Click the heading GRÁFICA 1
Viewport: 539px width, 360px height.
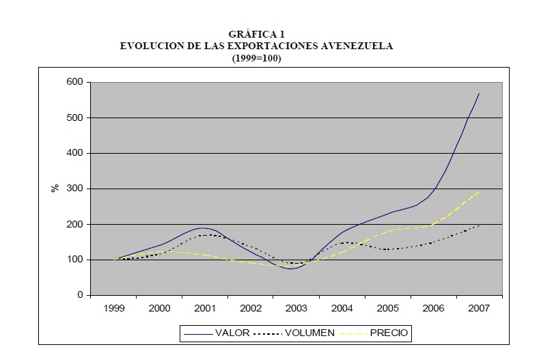tap(256, 35)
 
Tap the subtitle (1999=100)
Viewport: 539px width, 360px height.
tap(256, 58)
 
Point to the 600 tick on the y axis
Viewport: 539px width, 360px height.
tap(74, 82)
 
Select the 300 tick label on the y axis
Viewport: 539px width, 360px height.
tap(74, 189)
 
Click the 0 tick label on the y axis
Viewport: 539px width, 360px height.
tap(79, 295)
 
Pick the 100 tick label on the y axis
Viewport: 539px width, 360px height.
tap(74, 260)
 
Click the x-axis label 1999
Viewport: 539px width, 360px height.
tap(113, 309)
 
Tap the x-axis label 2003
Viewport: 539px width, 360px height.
tap(296, 309)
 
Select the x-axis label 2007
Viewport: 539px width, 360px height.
tap(479, 309)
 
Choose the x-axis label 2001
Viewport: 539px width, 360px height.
tap(205, 309)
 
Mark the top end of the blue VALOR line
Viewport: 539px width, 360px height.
tap(480, 93)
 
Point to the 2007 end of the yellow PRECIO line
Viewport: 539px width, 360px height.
tap(480, 191)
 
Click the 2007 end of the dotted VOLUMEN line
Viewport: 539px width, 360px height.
tap(480, 225)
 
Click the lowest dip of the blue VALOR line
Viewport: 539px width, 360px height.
tap(291, 268)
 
